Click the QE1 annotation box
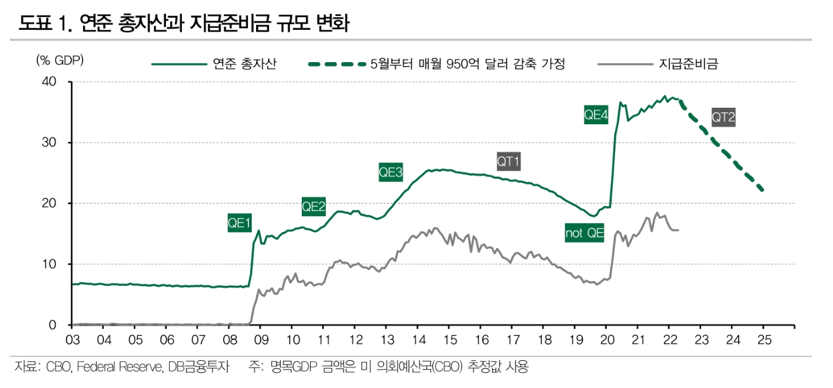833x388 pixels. tap(240, 223)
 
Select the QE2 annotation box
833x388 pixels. tap(314, 206)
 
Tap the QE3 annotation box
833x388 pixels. tap(391, 172)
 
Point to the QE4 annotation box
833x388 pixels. tap(596, 115)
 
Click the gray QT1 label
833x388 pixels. tap(508, 162)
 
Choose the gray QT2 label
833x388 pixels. tap(723, 117)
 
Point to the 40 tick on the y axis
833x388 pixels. tap(49, 82)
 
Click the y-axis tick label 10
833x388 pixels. tap(49, 264)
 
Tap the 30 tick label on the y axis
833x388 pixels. tap(49, 143)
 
